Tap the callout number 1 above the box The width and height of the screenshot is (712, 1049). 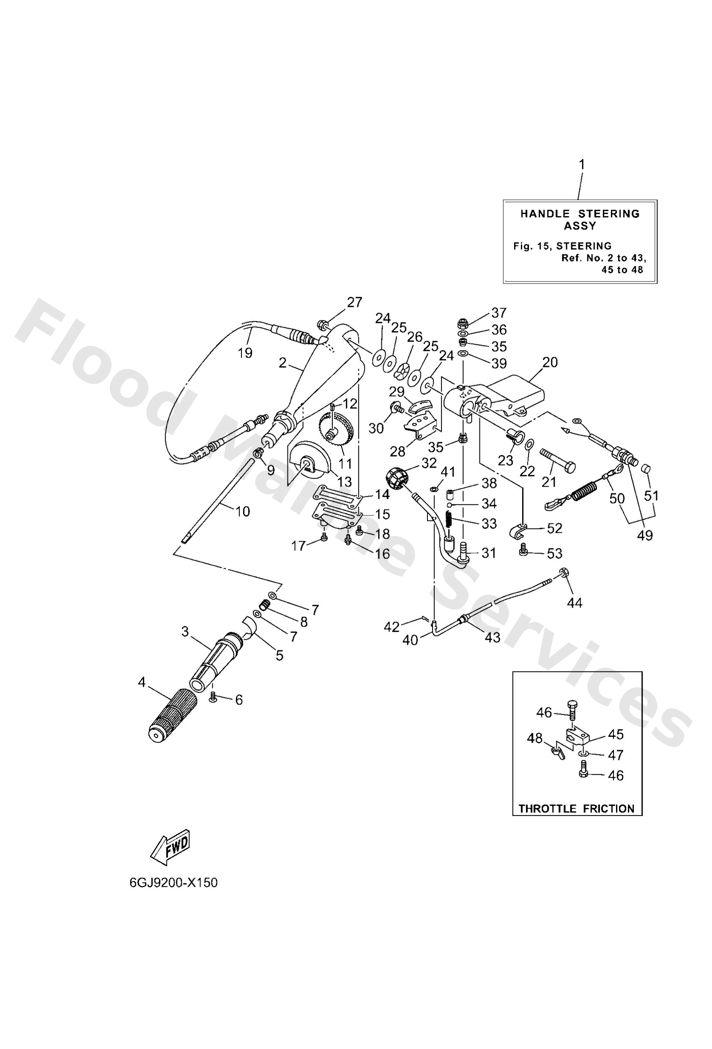[581, 165]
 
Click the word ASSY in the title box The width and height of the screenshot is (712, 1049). [580, 226]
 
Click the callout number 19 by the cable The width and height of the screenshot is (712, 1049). [245, 353]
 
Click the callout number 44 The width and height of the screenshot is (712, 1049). [575, 602]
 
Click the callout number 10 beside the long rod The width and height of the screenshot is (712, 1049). [242, 512]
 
